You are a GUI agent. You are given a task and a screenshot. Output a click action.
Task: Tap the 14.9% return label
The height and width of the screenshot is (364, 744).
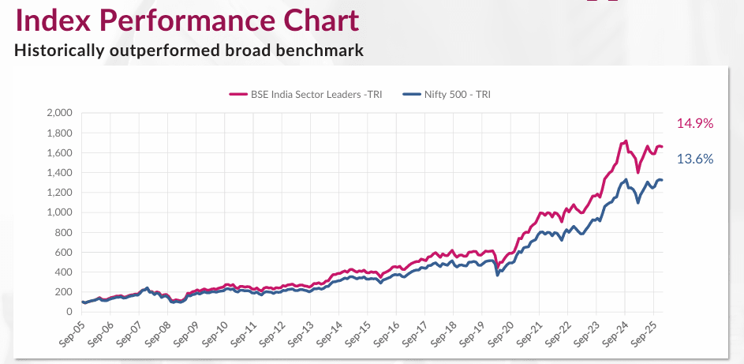click(x=694, y=123)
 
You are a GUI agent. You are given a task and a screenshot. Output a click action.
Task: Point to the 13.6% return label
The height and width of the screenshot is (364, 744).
click(x=694, y=159)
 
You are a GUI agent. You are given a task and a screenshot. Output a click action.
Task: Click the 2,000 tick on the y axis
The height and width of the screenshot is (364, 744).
click(x=60, y=113)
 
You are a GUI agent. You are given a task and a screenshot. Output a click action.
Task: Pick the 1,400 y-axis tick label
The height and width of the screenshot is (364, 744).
click(x=60, y=173)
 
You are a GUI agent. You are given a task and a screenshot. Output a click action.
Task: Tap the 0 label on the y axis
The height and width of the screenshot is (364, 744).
click(x=69, y=312)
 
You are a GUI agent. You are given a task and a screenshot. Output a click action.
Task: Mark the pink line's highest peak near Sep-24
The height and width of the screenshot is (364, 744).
click(x=626, y=141)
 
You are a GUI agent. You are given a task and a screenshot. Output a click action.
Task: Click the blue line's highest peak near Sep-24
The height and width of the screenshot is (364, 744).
click(x=626, y=180)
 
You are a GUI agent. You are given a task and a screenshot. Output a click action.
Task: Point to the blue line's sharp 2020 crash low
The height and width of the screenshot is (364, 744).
click(x=497, y=275)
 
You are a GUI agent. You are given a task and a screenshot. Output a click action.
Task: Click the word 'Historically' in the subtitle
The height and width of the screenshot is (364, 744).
click(x=58, y=51)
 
